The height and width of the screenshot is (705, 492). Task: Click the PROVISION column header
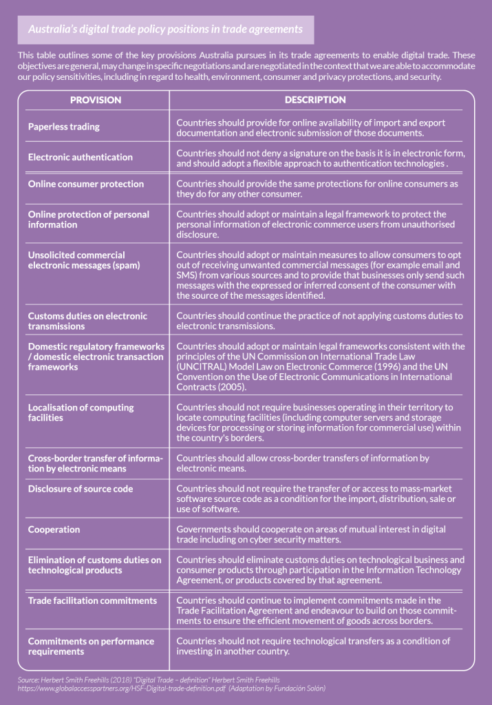click(x=95, y=100)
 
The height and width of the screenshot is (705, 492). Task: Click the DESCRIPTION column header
click(x=315, y=100)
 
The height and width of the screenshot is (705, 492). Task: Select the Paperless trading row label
click(x=63, y=127)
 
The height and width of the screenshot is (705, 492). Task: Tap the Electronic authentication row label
click(x=80, y=157)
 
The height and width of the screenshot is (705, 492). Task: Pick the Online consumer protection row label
click(x=85, y=184)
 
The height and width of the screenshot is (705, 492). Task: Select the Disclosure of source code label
click(x=80, y=489)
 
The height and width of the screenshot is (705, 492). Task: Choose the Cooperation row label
click(x=54, y=529)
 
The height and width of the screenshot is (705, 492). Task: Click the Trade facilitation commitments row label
click(x=92, y=600)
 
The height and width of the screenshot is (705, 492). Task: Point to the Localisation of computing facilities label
click(x=81, y=412)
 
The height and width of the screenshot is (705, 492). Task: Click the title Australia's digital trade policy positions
click(x=165, y=30)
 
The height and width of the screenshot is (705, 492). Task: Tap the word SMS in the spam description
click(x=186, y=275)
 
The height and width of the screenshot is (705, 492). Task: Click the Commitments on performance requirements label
click(x=91, y=646)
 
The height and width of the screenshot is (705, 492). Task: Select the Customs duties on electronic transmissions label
click(x=87, y=321)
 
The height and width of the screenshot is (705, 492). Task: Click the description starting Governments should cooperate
click(x=310, y=534)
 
